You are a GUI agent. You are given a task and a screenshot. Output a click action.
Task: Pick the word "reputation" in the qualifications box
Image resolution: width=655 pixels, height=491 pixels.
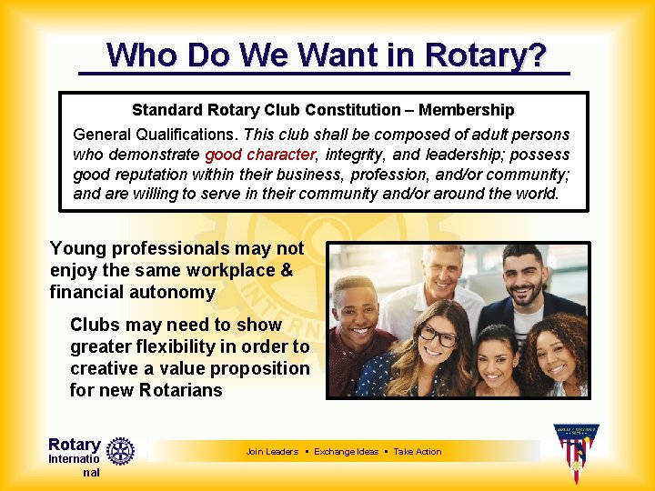[154, 174]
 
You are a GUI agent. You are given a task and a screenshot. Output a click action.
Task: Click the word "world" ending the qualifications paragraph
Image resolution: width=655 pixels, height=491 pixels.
[538, 194]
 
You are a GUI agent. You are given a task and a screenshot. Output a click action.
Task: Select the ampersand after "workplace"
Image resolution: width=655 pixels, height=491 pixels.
[287, 270]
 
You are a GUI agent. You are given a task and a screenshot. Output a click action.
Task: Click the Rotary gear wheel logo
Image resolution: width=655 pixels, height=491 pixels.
[120, 450]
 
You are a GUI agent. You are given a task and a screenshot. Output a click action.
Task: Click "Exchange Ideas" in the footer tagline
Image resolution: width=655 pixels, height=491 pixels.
[346, 452]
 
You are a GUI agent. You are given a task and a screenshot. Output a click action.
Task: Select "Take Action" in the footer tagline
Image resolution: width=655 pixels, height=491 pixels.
[418, 452]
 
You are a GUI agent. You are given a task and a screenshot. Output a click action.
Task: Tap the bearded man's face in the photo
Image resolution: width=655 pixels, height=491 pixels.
[523, 276]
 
